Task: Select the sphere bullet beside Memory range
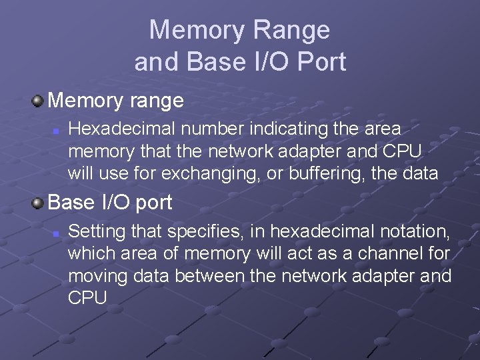(x=38, y=101)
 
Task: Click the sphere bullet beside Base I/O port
(x=38, y=202)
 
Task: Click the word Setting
(x=95, y=232)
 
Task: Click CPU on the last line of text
(x=87, y=297)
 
